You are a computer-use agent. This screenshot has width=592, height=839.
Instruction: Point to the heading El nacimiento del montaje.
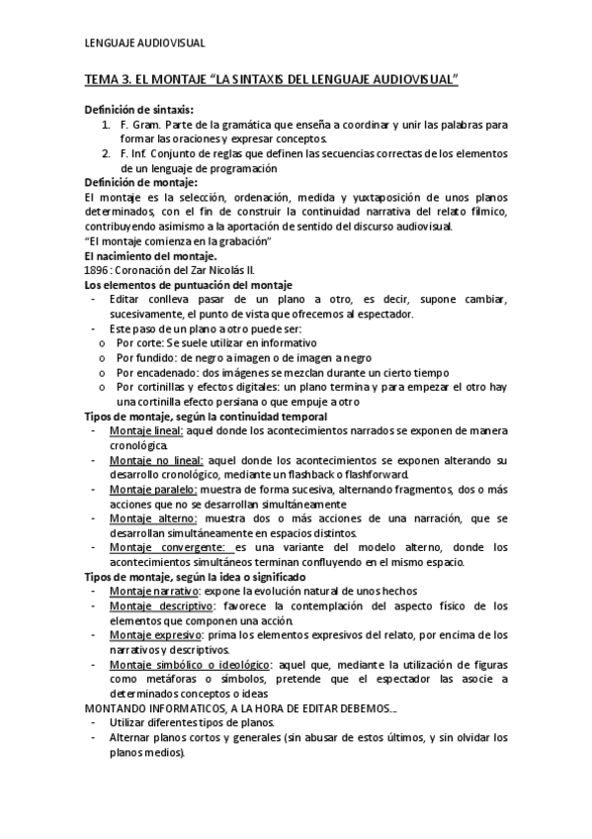coord(152,256)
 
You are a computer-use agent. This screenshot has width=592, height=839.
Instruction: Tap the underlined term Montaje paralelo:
coord(153,489)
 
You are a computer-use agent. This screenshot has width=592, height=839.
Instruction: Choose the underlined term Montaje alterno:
coord(153,518)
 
